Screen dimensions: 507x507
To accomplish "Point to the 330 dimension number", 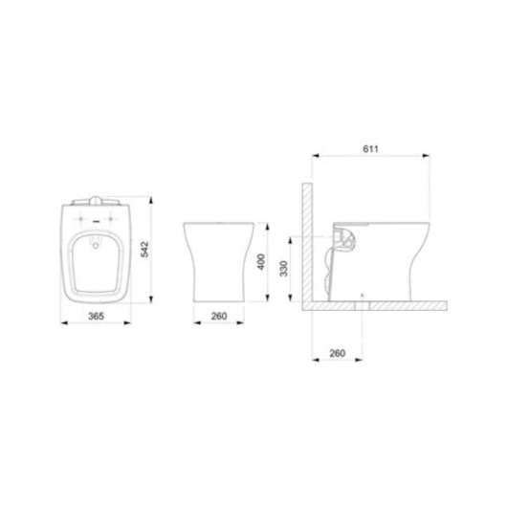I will (283, 270).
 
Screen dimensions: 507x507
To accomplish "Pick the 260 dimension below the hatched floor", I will (337, 353).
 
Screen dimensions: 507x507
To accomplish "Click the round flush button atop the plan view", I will (93, 199).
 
